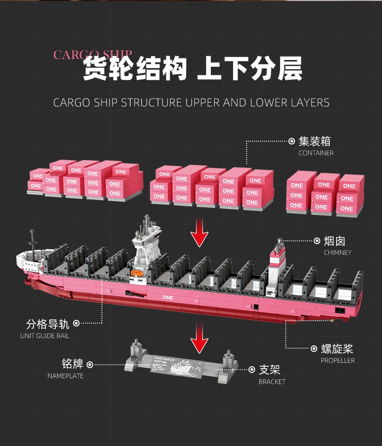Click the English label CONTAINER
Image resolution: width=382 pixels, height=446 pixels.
pos(316,153)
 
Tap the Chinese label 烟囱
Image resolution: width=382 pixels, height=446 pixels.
pos(335,241)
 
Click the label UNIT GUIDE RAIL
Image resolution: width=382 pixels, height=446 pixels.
pos(44,336)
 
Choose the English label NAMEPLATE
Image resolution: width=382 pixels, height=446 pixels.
pos(65,376)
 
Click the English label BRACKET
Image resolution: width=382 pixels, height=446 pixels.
pos(272,382)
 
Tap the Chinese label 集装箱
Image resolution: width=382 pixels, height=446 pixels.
pos(315,141)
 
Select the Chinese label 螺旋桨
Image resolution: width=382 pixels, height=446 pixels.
pos(337,349)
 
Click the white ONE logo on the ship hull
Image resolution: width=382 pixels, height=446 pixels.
pos(168,297)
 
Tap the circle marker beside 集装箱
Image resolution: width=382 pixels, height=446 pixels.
pos(292,141)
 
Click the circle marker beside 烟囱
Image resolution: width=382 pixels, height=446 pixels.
pos(317,240)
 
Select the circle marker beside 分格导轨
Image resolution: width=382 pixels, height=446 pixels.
pos(76,323)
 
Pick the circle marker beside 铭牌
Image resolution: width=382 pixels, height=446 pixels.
pos(90,364)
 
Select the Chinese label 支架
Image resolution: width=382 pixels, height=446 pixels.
pos(269,370)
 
